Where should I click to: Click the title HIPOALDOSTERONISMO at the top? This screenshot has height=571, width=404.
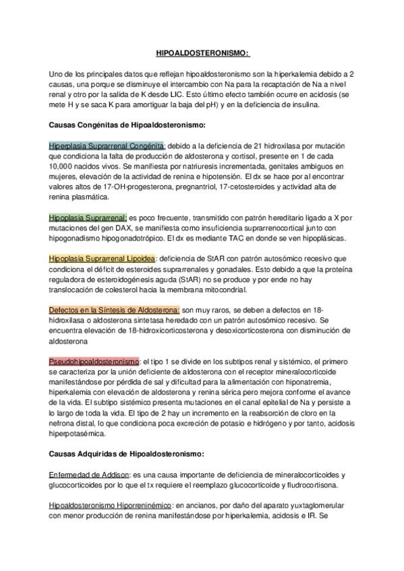coord(202,53)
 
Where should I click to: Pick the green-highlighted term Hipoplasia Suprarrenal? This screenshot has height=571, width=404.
coord(88,217)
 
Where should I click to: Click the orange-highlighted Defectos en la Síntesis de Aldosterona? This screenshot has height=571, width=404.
coord(114,310)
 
